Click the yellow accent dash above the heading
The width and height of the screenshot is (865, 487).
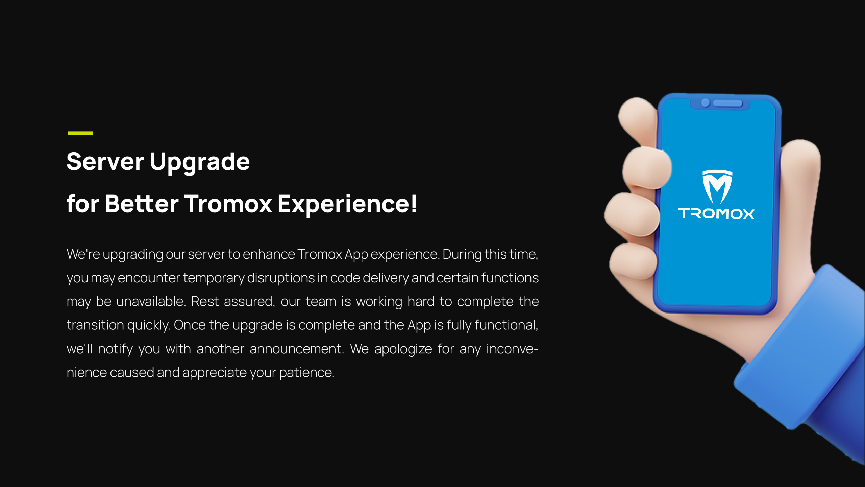80,133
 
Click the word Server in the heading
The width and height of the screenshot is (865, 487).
105,162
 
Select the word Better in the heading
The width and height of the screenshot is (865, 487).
142,204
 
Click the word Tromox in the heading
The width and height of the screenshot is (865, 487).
228,204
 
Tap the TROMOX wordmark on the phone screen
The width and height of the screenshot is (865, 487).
716,214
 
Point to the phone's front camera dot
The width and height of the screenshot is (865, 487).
705,102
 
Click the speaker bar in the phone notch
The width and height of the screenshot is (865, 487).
728,103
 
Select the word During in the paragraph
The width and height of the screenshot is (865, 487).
462,254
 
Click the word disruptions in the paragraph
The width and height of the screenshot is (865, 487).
281,278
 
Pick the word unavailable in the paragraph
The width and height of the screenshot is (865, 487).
151,301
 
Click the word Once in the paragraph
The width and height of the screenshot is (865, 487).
190,325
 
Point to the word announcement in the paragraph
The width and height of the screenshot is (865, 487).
297,349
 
